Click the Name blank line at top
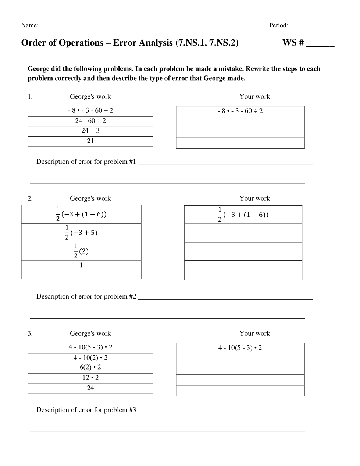[x=153, y=26]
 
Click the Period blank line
[x=312, y=26]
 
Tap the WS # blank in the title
[x=320, y=44]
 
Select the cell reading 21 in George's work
[x=90, y=141]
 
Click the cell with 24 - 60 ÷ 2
[x=90, y=121]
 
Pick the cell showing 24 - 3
[x=90, y=131]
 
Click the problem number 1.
[x=30, y=97]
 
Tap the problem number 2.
[x=30, y=198]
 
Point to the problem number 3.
[x=30, y=333]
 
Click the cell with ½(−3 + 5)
[x=81, y=233]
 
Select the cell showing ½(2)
[x=81, y=251]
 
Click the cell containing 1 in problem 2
[x=81, y=269]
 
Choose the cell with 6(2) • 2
[x=90, y=368]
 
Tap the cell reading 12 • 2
[x=90, y=378]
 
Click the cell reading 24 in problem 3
[x=90, y=388]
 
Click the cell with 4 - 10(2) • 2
[x=90, y=358]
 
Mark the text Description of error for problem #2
[x=86, y=297]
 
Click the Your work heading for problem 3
[x=254, y=333]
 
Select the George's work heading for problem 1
[x=90, y=97]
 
